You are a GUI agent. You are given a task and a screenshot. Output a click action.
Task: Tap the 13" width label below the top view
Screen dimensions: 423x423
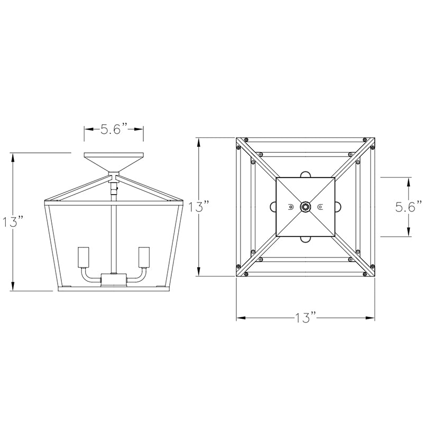tap(306, 318)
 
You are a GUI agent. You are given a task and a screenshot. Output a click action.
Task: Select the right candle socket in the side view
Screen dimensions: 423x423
tap(143, 258)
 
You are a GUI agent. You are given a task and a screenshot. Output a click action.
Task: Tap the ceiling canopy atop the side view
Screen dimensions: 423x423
tap(114, 161)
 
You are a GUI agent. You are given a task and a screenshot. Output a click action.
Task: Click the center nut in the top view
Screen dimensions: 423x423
tap(306, 207)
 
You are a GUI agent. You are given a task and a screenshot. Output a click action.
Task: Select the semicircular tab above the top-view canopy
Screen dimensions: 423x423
tap(306, 174)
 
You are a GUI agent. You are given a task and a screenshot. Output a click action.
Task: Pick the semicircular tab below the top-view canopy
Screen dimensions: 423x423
tap(306, 240)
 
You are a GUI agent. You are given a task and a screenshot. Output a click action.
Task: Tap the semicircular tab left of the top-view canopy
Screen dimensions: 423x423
tap(273, 207)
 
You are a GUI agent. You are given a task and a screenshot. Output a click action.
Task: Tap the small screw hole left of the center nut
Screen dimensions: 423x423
tap(290, 207)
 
